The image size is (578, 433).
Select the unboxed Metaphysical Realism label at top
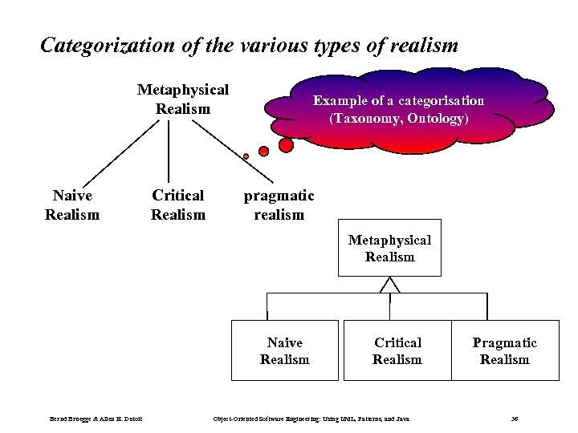pos(183,99)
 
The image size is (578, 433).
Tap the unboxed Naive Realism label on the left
pos(72,204)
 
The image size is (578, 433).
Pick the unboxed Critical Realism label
pos(178,204)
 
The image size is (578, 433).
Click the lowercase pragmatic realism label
pos(279,204)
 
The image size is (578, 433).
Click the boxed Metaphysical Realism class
pos(389,249)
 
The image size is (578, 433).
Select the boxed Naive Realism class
pos(284,351)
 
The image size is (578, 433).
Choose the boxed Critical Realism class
pos(397,351)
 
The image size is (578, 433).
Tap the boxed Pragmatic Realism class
pos(504,351)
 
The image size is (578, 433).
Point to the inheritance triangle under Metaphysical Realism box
pos(389,285)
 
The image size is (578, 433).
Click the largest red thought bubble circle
pos(286,145)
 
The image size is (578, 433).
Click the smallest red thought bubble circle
pos(246,156)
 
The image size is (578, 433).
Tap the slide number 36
pos(515,419)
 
